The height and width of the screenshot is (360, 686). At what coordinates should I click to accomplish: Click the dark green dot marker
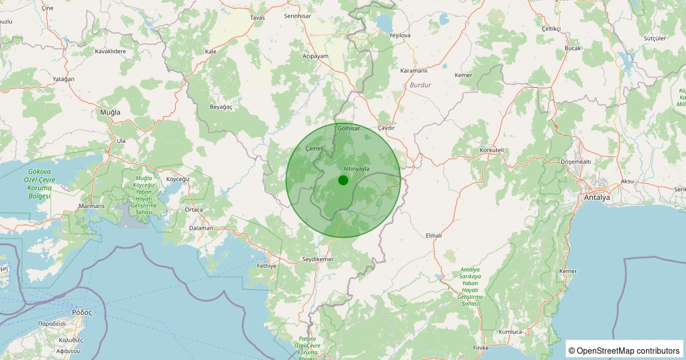pos(343,181)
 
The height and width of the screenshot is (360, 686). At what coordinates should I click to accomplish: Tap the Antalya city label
pos(597,198)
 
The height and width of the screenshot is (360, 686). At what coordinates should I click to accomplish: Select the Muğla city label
pos(110,113)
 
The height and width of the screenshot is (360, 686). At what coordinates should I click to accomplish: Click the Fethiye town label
pos(267,266)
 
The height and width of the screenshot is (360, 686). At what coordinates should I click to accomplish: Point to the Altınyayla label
pos(357,169)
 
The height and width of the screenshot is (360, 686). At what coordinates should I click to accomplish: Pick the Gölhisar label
pos(349,128)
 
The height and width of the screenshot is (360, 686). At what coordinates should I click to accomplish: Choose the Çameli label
pos(314,149)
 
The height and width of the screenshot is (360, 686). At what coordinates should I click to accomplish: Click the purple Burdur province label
pos(421,85)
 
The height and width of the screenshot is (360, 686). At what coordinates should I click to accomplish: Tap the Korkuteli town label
pos(493,150)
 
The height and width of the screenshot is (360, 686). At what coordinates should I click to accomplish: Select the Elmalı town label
pos(434,235)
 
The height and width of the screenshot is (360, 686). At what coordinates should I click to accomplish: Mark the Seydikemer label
pos(317,259)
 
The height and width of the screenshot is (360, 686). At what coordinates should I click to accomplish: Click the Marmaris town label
pos(93,206)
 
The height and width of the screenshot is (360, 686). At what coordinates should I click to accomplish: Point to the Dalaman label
pos(201,228)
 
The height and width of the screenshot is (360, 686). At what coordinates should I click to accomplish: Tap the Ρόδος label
pos(82,313)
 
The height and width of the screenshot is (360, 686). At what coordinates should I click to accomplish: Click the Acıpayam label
pos(316,56)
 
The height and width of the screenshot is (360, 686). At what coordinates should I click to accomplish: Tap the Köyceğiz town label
pos(177,179)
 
